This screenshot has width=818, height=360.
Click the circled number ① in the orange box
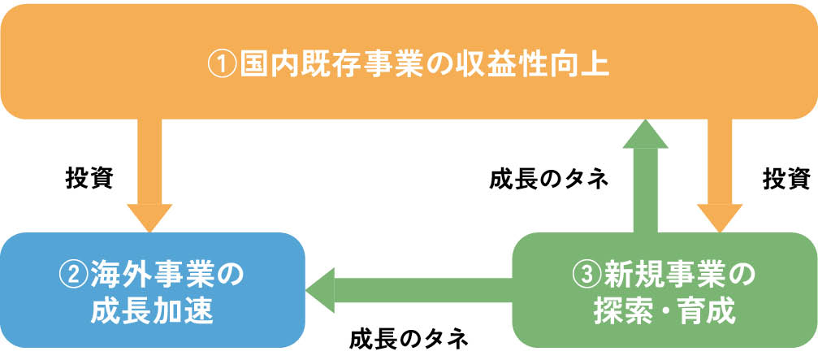222,64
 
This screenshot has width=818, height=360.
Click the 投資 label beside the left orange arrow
89,176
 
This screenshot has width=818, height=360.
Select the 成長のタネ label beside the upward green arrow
548,178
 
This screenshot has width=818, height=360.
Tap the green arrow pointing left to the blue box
406,288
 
